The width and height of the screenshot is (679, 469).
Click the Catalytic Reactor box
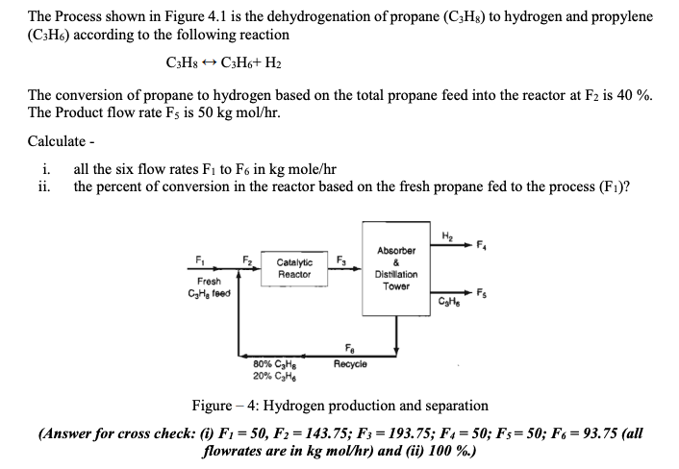tap(294, 269)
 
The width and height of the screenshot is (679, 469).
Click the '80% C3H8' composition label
tap(268, 363)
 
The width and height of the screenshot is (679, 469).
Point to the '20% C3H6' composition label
tap(268, 376)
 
